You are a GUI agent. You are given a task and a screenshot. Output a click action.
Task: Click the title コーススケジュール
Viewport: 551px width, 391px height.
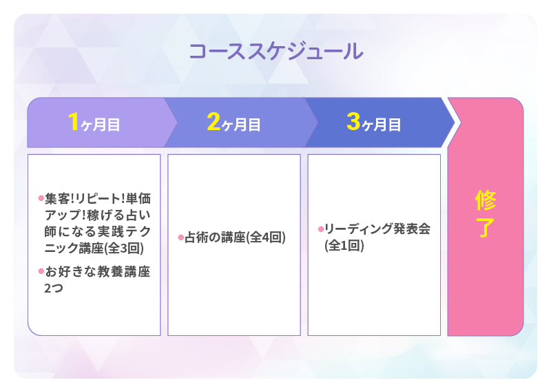pos(275,52)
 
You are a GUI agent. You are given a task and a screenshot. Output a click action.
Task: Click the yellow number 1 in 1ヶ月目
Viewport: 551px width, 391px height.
pos(74,122)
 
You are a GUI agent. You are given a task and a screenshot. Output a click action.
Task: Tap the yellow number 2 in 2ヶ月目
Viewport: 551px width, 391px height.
pos(213,122)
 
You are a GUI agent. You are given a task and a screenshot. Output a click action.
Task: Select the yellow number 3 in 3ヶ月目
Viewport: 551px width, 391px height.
pos(353,122)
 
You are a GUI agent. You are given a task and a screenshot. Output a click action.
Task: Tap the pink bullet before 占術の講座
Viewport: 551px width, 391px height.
pos(180,237)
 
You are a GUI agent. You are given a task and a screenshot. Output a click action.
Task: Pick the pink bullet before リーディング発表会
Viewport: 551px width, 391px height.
pos(320,229)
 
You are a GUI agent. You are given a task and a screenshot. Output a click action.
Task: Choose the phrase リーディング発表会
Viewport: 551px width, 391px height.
pos(377,229)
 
